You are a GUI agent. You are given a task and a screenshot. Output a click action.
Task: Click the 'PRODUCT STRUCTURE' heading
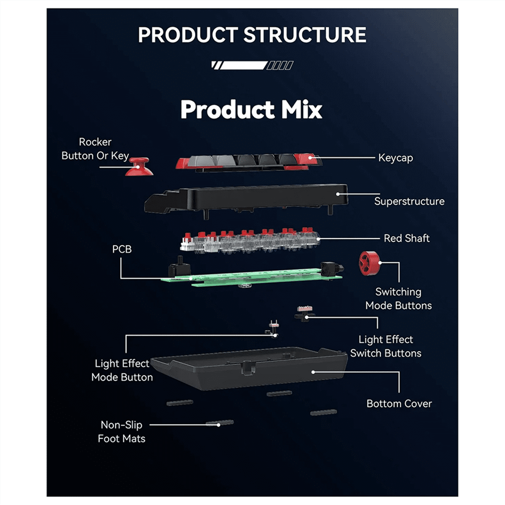(x=252, y=35)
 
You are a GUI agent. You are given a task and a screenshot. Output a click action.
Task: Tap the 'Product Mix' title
(x=251, y=110)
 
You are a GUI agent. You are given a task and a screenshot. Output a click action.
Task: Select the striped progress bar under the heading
(x=252, y=65)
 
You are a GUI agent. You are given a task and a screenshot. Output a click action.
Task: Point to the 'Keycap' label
(x=396, y=158)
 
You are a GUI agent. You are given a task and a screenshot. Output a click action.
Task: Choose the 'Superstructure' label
(x=409, y=202)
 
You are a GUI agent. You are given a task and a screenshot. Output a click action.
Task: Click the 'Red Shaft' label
(x=407, y=239)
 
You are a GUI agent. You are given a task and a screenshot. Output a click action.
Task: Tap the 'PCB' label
(x=122, y=250)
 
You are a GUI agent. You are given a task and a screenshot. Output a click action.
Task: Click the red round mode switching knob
(x=369, y=263)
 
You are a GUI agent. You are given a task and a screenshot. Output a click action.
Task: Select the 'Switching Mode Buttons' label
(x=398, y=299)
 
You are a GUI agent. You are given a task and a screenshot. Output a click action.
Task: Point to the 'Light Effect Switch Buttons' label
(x=385, y=346)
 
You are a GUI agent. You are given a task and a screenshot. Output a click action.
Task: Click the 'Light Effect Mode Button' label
(x=122, y=370)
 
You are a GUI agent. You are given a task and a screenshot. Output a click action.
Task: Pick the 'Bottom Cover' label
(x=399, y=404)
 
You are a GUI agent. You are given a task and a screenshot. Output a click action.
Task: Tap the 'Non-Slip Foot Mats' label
(x=122, y=432)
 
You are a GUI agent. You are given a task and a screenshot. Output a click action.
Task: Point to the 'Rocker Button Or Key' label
(x=95, y=149)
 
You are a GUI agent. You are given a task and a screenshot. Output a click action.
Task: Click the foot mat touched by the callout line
(x=220, y=423)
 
